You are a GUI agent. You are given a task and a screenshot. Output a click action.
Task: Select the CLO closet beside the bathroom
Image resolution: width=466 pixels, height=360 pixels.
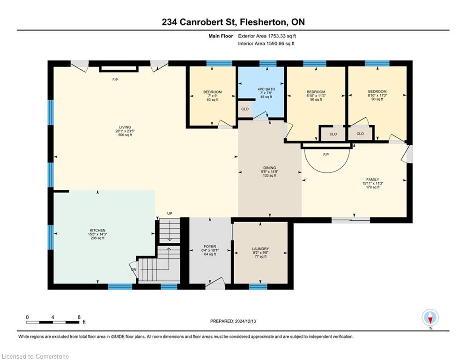(x=245, y=109)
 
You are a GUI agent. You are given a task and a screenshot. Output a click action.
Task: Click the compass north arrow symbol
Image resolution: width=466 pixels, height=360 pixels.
(x=430, y=318)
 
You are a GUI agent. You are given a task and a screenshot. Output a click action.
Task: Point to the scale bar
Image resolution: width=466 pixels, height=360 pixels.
(x=52, y=322)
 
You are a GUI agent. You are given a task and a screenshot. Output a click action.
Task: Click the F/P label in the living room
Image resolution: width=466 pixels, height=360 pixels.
(x=115, y=80)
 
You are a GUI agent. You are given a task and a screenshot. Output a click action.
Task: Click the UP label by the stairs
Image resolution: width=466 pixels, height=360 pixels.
(x=170, y=214)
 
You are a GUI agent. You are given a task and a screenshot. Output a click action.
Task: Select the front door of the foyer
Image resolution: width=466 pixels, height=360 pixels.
(x=215, y=285)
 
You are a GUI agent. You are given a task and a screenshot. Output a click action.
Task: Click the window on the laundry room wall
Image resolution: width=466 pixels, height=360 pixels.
(x=258, y=286)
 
